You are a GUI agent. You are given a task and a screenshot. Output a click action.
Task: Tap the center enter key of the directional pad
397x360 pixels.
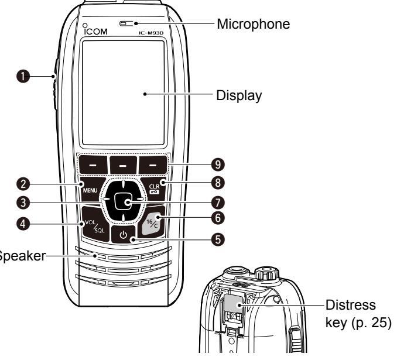coord(121,202)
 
